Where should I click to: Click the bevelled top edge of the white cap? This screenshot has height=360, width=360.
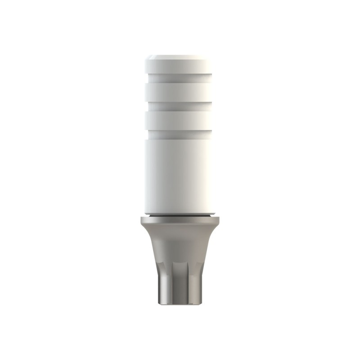coord(180,57)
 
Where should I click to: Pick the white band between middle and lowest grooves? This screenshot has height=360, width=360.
coord(180,119)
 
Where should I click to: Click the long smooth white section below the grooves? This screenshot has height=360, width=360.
coord(180,171)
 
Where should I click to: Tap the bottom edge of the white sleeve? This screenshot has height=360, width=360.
coord(180,211)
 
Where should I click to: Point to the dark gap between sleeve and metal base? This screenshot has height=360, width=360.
coord(180,216)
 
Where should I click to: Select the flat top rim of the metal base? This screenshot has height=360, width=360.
coord(180,220)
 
